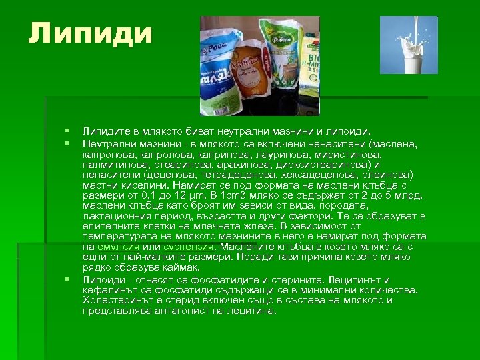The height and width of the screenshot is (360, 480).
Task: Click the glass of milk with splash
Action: (x=409, y=45)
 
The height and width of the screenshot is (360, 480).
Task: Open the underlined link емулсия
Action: (x=121, y=246)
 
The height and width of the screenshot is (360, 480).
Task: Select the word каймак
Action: (x=159, y=267)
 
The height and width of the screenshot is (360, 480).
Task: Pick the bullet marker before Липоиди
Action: (x=67, y=279)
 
